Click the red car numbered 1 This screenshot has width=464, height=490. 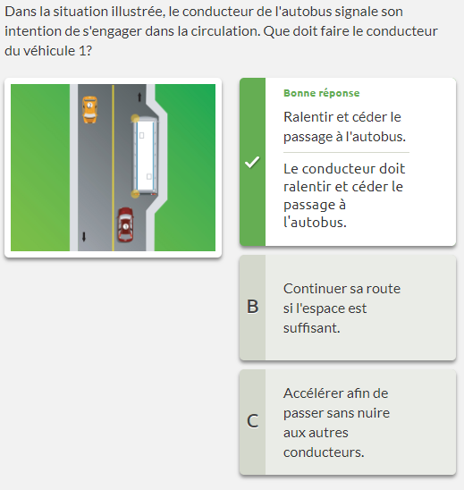point(125,225)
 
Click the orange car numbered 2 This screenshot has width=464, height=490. point(89,109)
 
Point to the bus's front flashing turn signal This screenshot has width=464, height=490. point(135,118)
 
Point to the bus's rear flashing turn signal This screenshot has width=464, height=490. point(135,194)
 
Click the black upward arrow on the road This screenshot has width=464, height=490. point(139,97)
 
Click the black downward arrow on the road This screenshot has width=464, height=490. point(84,237)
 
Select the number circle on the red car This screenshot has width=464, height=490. point(125,226)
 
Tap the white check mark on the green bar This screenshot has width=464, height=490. point(252,162)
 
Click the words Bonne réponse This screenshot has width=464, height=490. point(322,93)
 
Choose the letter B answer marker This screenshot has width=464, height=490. point(253,307)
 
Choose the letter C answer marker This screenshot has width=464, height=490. point(253,421)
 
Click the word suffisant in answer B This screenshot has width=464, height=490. point(311,328)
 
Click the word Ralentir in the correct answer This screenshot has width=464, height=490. point(308,117)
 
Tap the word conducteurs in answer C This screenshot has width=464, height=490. point(324,452)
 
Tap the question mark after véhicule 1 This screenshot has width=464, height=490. point(89,51)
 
